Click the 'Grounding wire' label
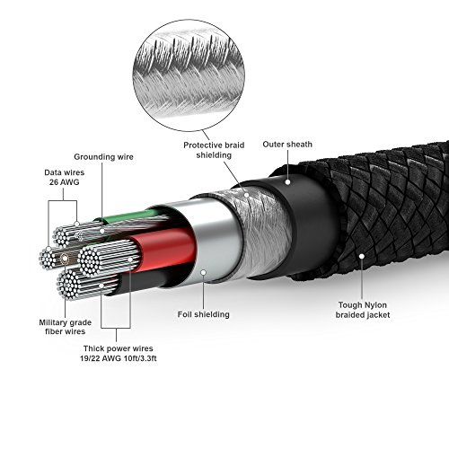coord(103,157)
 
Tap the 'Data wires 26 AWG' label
coord(65,177)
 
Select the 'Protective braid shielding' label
coord(214,150)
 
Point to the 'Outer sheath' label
coord(287,145)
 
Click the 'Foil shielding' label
coord(204,314)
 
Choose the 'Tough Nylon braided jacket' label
coord(363,310)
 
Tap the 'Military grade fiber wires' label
coord(66,327)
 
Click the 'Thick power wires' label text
coord(119,348)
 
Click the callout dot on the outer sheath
coord(287,181)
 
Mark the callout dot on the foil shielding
coord(204,272)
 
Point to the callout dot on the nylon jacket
coord(362,256)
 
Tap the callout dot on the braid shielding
coord(246,195)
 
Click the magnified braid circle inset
coord(189,75)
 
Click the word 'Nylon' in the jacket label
coord(374,305)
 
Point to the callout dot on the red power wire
coord(130,260)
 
